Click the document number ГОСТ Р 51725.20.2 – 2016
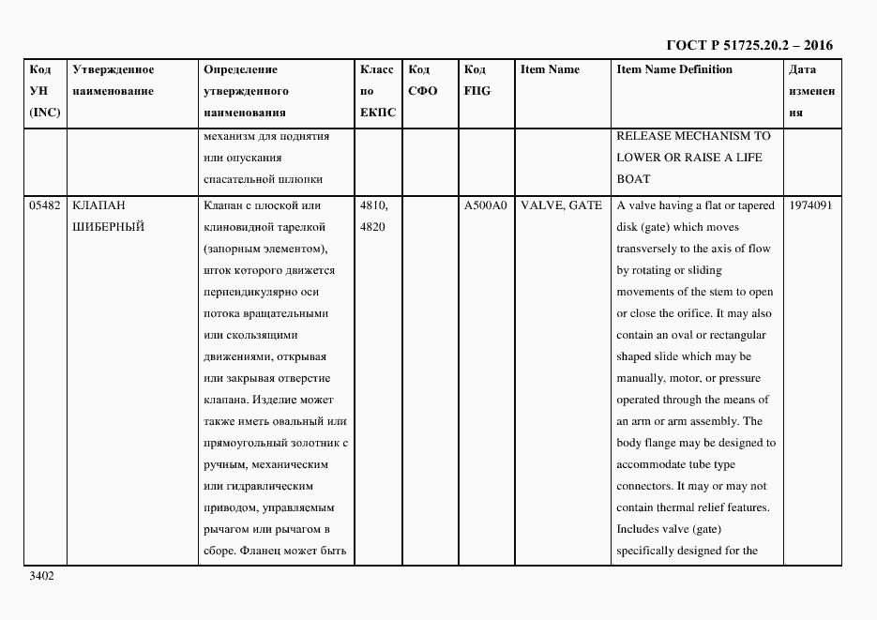click(x=748, y=45)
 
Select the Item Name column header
click(x=550, y=69)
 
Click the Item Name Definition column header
click(x=673, y=69)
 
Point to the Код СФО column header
click(x=423, y=81)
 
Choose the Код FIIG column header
click(x=477, y=81)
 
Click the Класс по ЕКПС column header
click(x=377, y=91)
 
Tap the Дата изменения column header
click(x=811, y=91)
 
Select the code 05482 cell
click(x=45, y=205)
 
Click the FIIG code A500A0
click(x=485, y=205)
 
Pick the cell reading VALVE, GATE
click(x=561, y=205)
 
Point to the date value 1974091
click(x=811, y=205)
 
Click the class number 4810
click(x=373, y=205)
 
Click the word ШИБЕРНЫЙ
click(x=108, y=227)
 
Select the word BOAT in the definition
click(x=633, y=179)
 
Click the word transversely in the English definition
click(x=650, y=249)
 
